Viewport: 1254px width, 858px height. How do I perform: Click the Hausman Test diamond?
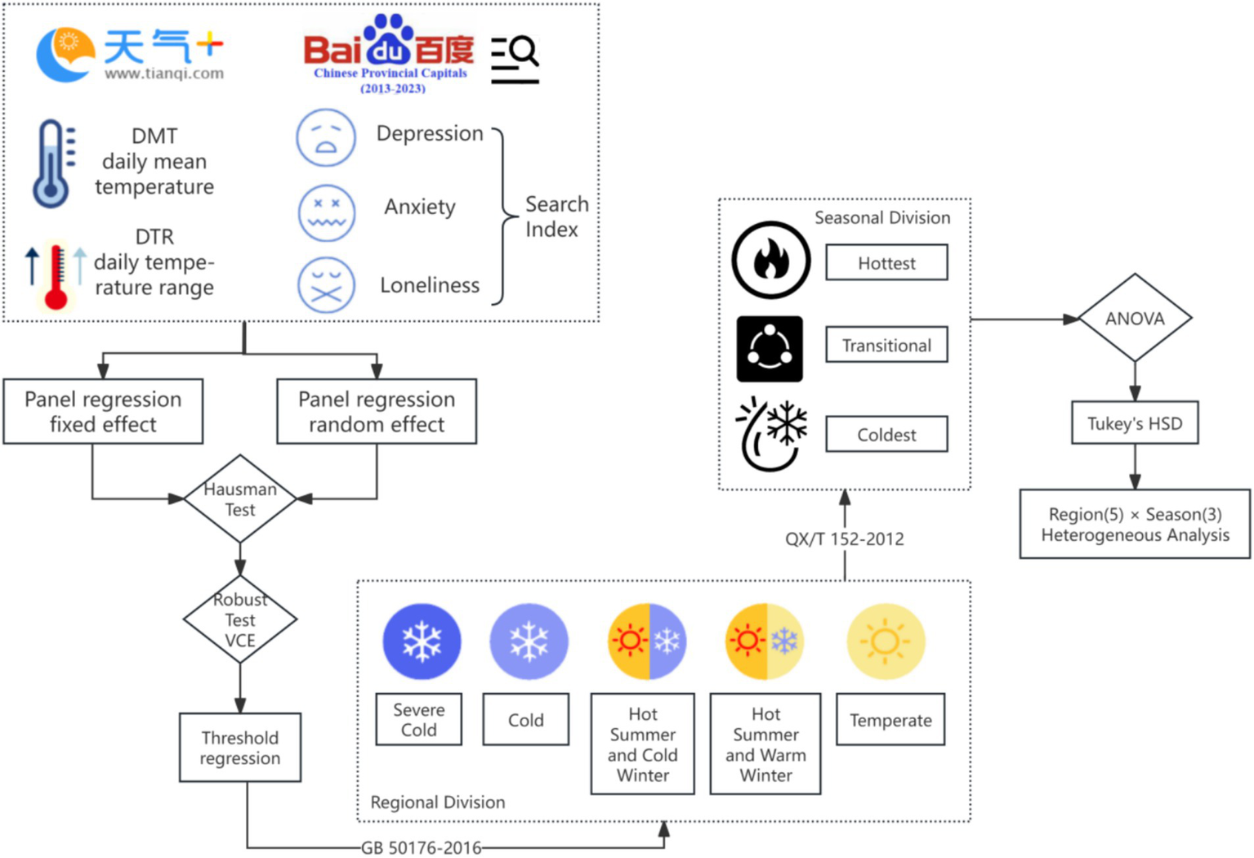(239, 498)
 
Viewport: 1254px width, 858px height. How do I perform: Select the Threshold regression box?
(239, 748)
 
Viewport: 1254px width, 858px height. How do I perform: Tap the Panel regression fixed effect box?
(103, 411)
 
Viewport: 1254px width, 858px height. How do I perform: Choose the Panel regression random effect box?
(377, 411)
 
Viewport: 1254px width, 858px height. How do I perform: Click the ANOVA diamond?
(1135, 319)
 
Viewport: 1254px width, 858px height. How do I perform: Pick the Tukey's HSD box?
(1135, 423)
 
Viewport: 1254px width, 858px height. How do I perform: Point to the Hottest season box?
(886, 263)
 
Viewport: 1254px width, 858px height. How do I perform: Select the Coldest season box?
(886, 435)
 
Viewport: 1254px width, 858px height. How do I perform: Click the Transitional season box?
(886, 346)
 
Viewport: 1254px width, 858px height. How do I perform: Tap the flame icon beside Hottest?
(770, 260)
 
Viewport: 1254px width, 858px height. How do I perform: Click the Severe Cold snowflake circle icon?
(422, 641)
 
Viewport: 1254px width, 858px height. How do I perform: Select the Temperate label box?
(890, 720)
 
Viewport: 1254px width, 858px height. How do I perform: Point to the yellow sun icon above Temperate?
(886, 641)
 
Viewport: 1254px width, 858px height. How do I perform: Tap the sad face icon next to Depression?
(326, 137)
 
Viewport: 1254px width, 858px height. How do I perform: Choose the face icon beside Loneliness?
(326, 285)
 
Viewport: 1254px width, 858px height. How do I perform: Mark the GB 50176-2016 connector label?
(422, 847)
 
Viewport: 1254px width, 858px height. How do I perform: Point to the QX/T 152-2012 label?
(845, 539)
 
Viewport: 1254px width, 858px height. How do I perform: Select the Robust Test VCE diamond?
(239, 619)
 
